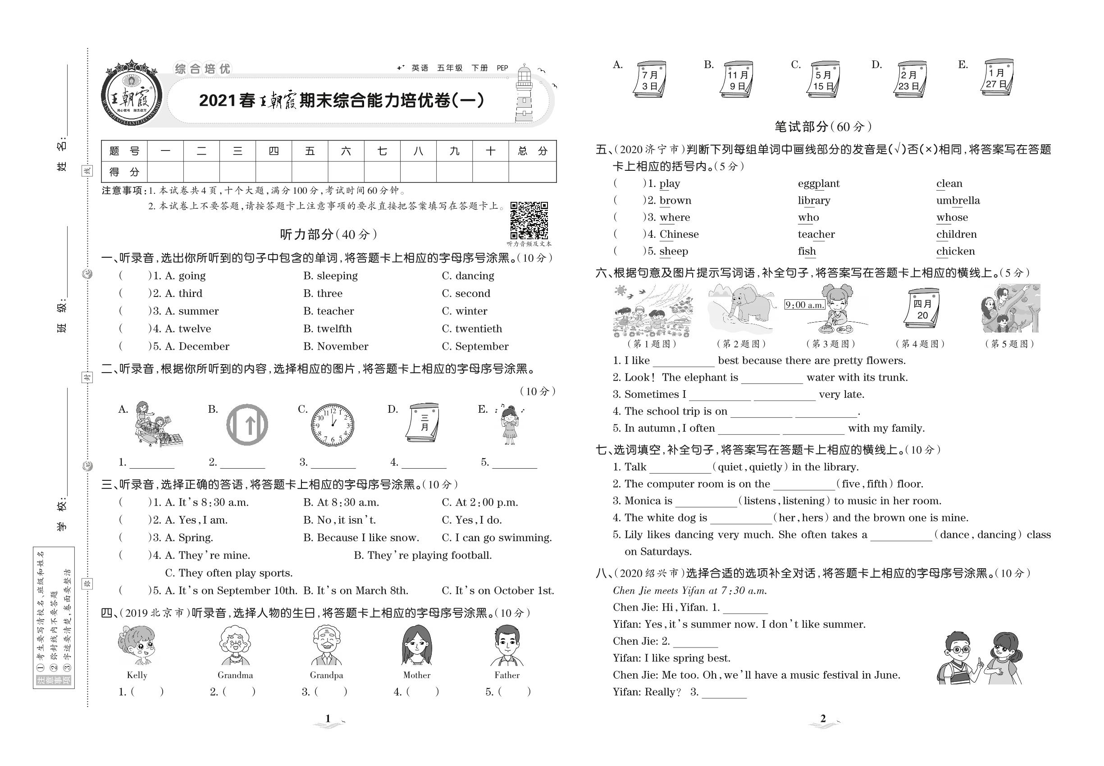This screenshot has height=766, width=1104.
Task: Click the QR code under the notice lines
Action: tap(529, 220)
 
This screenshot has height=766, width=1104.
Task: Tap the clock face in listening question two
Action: tap(333, 425)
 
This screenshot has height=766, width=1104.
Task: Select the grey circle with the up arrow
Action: tap(247, 425)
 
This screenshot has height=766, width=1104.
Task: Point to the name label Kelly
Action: tap(137, 675)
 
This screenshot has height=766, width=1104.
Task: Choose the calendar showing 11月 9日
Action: tap(737, 79)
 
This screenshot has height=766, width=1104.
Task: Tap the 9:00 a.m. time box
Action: tap(804, 305)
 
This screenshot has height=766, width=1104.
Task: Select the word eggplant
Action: tap(818, 183)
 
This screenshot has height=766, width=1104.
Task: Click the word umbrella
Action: tap(958, 200)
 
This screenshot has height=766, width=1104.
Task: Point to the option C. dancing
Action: tap(468, 275)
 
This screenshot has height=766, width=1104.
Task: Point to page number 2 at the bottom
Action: tap(823, 719)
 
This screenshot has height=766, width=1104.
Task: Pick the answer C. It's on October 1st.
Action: tap(497, 590)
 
